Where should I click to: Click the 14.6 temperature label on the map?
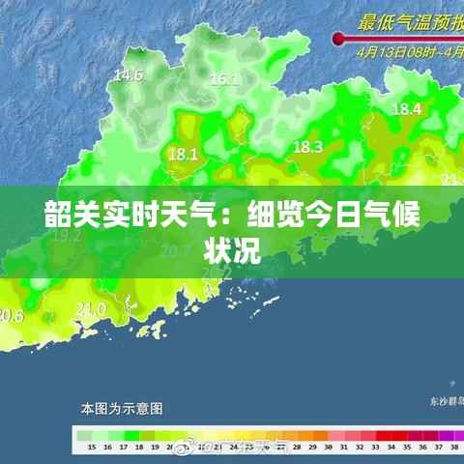point(129,74)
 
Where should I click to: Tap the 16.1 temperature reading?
point(225,79)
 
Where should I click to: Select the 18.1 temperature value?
point(183,153)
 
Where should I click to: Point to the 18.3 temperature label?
point(306,147)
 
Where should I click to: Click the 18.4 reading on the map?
point(406,109)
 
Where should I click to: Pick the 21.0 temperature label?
point(91,308)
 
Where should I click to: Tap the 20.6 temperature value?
point(11,315)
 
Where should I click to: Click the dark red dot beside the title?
point(339,39)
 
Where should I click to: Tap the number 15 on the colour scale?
point(91,449)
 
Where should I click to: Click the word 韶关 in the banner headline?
point(66,216)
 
